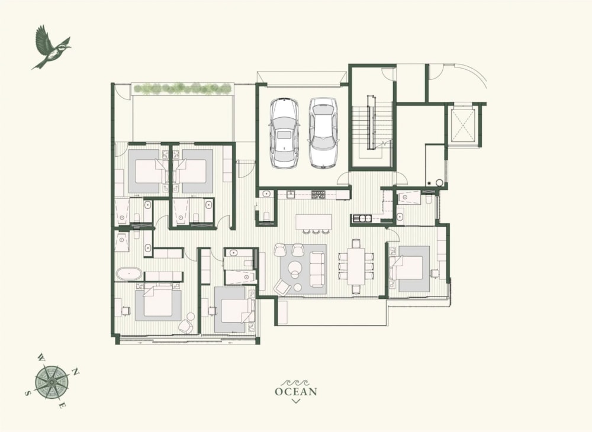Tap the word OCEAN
tap(296, 391)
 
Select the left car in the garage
tap(285, 133)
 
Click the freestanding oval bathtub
tap(128, 274)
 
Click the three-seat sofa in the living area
tap(317, 268)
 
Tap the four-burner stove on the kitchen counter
tap(318, 194)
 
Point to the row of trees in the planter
tap(182, 89)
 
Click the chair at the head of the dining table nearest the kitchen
tap(356, 243)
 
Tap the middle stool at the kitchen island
tap(316, 231)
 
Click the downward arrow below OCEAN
tap(296, 401)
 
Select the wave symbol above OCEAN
tap(296, 382)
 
